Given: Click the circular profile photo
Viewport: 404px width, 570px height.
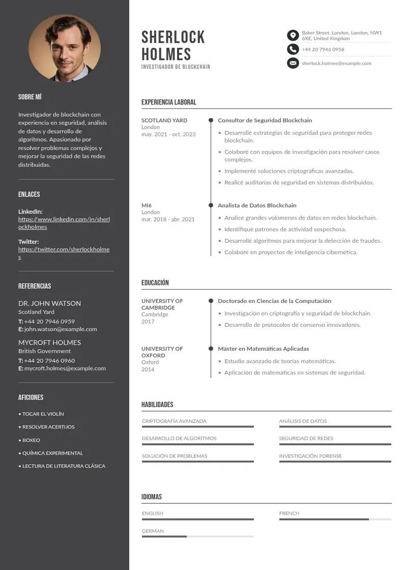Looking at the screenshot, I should (x=65, y=48).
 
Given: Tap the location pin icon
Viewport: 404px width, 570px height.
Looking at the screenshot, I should (x=293, y=35).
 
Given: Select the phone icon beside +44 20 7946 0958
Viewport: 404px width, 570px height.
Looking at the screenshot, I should (x=293, y=49).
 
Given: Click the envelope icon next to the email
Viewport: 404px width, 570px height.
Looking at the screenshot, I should (x=293, y=63).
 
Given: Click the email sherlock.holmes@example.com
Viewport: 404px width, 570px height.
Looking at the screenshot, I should (x=336, y=63).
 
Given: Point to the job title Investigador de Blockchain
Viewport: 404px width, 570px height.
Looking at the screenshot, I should (x=176, y=67).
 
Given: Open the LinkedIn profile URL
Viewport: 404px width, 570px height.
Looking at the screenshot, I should (x=64, y=223).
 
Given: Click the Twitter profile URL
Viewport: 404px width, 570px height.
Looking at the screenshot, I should (x=64, y=253).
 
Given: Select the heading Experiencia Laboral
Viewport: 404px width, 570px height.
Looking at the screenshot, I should (x=168, y=102).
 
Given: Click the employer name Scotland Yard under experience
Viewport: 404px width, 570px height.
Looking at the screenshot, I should (x=164, y=121).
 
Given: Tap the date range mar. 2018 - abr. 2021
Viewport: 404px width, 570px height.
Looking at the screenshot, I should (x=168, y=219).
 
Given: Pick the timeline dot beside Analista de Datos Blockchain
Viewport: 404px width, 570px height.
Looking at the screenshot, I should (x=211, y=205).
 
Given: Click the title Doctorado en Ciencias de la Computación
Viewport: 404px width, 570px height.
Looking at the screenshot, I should (x=274, y=301).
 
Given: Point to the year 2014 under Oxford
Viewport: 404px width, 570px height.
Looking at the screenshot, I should (x=148, y=369).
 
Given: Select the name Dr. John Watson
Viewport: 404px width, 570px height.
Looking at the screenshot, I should (x=49, y=303).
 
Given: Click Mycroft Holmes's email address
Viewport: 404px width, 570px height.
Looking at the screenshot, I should (x=65, y=368).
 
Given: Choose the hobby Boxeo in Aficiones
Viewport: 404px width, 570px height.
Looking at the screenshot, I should (x=31, y=440).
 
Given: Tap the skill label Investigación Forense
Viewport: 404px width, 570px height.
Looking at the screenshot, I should (x=310, y=456).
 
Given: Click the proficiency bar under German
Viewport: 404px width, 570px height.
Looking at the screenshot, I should (x=197, y=536).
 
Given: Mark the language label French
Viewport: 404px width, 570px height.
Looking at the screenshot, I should (x=289, y=514).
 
